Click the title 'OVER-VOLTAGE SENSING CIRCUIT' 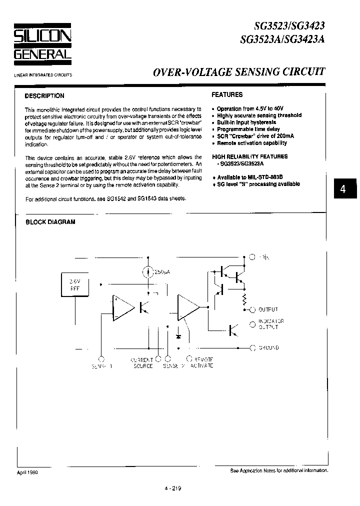coord(238,71)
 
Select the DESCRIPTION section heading coord(44,96)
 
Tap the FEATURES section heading coord(227,94)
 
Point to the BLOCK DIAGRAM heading coord(50,222)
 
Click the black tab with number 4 coord(342,189)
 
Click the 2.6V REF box coord(74,285)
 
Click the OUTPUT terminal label coord(268,310)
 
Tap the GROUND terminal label coord(268,347)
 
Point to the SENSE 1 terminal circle coord(101,358)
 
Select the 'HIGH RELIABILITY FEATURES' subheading coord(249,156)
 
